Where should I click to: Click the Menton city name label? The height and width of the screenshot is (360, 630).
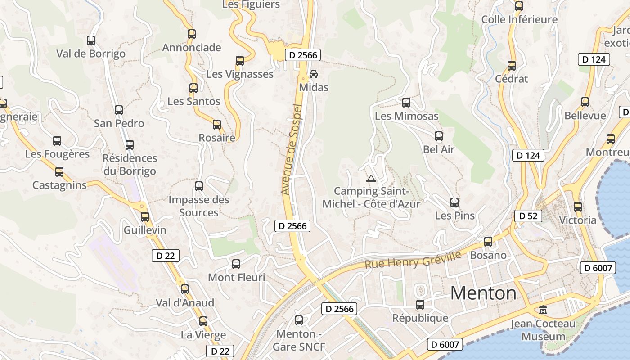pos(483,293)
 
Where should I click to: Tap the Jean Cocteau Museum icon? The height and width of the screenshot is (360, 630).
pos(543,310)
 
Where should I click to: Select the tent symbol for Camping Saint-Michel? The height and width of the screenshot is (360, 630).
pos(371,178)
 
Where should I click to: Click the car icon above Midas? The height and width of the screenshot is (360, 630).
pos(314,74)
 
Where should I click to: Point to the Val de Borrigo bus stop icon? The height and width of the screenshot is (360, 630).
pos(91,40)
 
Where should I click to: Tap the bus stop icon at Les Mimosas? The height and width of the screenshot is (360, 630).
pos(406,103)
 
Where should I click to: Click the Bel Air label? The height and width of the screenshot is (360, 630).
pos(439,149)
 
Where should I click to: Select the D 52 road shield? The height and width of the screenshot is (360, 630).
pos(528,216)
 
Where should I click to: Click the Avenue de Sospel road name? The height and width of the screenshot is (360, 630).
pos(292,149)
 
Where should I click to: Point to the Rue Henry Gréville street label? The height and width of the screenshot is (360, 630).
pos(413,260)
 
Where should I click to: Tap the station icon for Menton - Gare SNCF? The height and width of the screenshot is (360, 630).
pos(299,320)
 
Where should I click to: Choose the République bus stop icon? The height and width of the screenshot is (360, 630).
pos(420,305)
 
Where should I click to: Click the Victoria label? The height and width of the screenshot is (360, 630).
pos(577,220)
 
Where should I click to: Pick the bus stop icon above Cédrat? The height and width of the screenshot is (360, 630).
pos(512,66)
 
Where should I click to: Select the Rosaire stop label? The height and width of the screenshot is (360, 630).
pos(217,138)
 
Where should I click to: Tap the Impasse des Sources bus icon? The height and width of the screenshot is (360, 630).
pos(199,186)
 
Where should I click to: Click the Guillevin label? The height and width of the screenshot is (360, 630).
pos(145,230)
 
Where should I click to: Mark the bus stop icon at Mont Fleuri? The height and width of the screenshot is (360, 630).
pos(236,264)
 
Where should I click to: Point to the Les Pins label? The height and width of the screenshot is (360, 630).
pos(454,216)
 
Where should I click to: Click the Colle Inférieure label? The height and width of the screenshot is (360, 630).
pos(519,19)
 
